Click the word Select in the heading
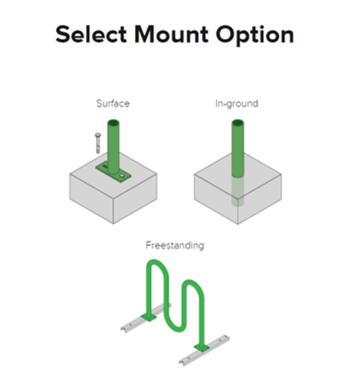coord(92,34)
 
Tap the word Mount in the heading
coord(172,34)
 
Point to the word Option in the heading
coord(254,36)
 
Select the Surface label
coord(113,104)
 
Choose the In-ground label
coord(236,104)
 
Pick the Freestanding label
coord(175,246)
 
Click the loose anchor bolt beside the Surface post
coord(98,143)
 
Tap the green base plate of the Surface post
coord(113,172)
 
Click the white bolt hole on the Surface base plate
coord(122,177)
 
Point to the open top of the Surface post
coord(113,123)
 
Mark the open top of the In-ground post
coord(237,123)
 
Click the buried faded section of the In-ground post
coord(237,191)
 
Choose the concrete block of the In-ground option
coord(237,195)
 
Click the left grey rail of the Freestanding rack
coord(145,317)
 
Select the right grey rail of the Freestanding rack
coord(204,350)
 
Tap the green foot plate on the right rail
coord(202,347)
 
